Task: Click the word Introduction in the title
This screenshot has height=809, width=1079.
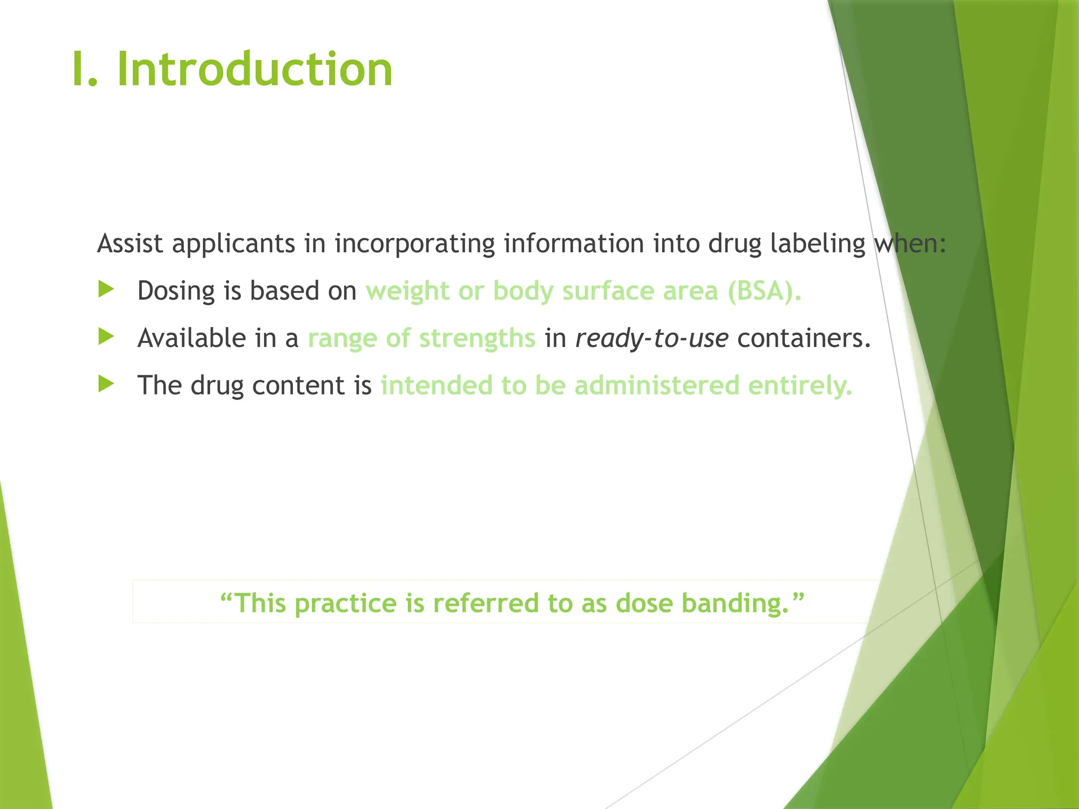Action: coord(254,70)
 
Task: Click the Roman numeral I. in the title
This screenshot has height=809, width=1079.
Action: coord(85,70)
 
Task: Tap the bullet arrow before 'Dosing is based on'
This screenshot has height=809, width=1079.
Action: coord(106,289)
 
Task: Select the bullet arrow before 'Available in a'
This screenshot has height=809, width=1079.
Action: coord(106,337)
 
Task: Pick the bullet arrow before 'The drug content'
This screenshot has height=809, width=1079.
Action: coord(106,384)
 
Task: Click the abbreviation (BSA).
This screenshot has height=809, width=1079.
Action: coord(764,291)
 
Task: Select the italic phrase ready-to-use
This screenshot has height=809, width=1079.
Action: coord(652,338)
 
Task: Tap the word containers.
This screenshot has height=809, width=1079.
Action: coord(803,338)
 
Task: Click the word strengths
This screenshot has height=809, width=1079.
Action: coord(477,338)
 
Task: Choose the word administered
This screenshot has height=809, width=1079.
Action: coord(657,385)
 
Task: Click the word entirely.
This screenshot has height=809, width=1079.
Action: coord(800,386)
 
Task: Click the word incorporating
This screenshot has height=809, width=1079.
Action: coord(415,244)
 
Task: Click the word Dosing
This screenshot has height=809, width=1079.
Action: coord(176,291)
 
